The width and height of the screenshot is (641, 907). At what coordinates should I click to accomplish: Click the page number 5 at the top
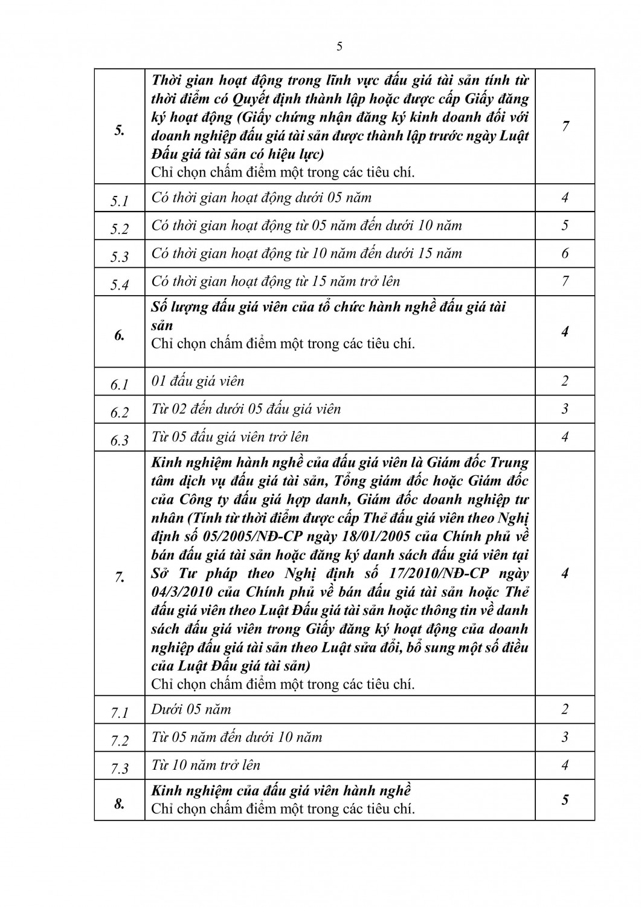click(x=339, y=47)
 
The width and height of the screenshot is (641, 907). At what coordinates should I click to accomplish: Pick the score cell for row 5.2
click(x=565, y=226)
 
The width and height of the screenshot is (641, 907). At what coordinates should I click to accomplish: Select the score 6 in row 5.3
click(x=565, y=253)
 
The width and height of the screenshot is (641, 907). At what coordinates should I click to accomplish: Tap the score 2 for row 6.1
click(x=565, y=381)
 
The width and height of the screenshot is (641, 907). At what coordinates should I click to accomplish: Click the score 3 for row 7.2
click(x=565, y=737)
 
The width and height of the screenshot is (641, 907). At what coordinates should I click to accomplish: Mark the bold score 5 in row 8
click(x=565, y=799)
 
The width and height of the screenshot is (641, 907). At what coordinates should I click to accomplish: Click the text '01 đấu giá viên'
click(x=198, y=381)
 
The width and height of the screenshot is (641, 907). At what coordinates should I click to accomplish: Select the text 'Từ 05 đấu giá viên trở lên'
click(x=230, y=437)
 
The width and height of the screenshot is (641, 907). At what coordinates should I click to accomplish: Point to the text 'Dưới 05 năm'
click(x=191, y=709)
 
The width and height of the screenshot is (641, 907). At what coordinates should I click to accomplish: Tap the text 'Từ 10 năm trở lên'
click(x=206, y=765)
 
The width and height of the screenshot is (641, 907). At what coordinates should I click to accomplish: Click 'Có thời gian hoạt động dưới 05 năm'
click(x=262, y=198)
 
